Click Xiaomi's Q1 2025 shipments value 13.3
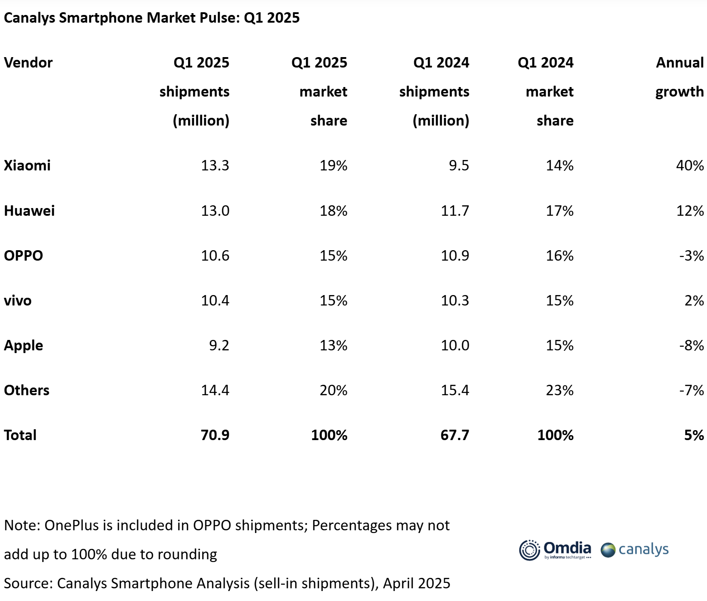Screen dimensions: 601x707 215,165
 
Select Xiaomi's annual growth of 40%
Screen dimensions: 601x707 689,165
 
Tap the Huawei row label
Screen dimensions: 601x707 29,211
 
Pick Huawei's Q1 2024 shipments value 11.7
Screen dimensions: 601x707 455,211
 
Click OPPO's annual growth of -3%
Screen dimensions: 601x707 691,256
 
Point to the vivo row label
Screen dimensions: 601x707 18,300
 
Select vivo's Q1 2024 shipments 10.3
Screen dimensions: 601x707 455,300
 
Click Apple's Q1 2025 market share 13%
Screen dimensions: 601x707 333,345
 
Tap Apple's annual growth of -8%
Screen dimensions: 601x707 691,345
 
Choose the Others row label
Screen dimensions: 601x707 27,390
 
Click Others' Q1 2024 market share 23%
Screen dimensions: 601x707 559,390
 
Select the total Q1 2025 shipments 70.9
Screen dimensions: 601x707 215,435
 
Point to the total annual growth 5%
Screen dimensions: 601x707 694,435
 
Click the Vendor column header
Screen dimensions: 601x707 28,63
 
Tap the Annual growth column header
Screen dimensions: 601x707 679,77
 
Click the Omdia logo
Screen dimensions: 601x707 555,550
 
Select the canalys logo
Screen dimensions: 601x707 634,550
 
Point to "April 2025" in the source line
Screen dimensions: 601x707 416,583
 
